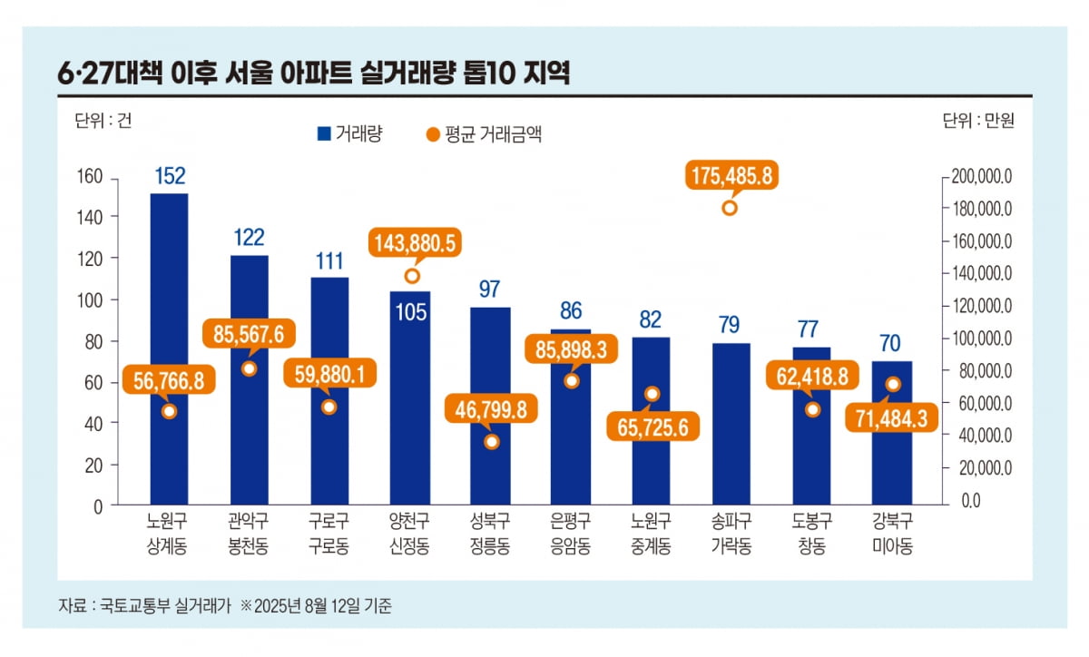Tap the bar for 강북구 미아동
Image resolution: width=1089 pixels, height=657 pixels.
892,454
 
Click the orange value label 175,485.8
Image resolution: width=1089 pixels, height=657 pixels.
729,176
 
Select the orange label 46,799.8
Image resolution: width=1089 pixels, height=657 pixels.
491,408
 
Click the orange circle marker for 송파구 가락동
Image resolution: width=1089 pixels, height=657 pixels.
729,208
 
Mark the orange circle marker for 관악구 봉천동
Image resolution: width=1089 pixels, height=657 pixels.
250,368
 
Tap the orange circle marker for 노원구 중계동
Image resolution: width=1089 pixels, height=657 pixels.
652,394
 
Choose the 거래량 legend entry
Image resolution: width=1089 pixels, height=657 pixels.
349,133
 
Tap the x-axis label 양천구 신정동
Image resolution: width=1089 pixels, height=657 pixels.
410,534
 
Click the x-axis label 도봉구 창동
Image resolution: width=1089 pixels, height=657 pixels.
810,534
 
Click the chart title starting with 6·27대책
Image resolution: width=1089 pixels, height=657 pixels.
313,74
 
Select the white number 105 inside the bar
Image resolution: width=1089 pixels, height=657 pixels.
410,312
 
